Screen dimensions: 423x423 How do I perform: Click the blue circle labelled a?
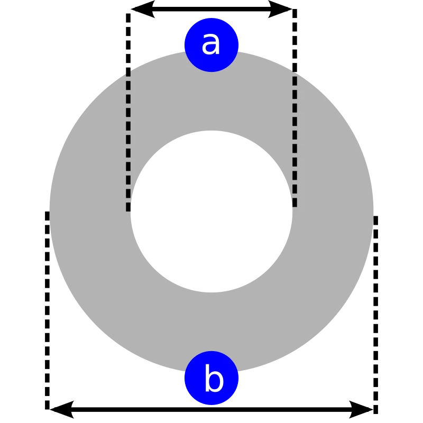[212, 44]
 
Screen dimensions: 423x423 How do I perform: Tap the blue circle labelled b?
[212, 379]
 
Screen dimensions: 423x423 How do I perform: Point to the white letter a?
[210, 43]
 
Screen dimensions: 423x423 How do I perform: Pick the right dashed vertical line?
[295, 140]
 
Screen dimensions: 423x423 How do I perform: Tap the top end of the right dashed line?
[295, 74]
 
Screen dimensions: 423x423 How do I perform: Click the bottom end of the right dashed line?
[295, 206]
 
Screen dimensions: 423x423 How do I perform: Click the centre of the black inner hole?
[212, 212]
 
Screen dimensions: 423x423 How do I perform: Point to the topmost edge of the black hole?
[212, 132]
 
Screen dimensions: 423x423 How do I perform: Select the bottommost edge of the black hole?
[212, 291]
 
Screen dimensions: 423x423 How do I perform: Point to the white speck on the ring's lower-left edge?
[104, 336]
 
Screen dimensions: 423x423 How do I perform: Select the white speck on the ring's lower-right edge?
[335, 319]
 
